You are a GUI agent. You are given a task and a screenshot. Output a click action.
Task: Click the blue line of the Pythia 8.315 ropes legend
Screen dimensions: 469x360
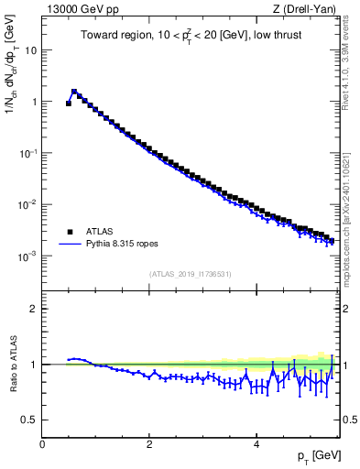point(71,245)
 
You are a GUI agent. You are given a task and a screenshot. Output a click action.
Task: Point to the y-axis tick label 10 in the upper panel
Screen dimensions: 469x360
point(30,50)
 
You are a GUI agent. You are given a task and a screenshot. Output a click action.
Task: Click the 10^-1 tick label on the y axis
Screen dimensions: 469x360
point(28,153)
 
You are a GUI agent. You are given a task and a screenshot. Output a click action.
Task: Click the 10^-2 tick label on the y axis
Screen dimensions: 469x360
point(28,204)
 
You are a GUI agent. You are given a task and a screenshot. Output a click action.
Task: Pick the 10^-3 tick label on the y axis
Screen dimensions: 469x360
point(28,256)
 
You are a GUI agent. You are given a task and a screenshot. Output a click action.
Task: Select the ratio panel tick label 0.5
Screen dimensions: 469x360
point(29,420)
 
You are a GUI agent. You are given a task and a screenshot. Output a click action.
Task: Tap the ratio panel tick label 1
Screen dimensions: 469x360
point(34,365)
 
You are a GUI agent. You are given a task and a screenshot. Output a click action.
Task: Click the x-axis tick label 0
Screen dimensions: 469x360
point(42,444)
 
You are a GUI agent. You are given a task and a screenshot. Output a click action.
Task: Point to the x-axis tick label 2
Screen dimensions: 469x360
point(149,444)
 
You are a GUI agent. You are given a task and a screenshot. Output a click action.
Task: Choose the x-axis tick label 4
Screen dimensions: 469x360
point(256,444)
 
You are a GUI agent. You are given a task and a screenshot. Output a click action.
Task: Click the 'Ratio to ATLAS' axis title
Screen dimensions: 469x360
point(12,364)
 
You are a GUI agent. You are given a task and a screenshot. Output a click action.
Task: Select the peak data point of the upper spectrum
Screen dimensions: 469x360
point(74,92)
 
